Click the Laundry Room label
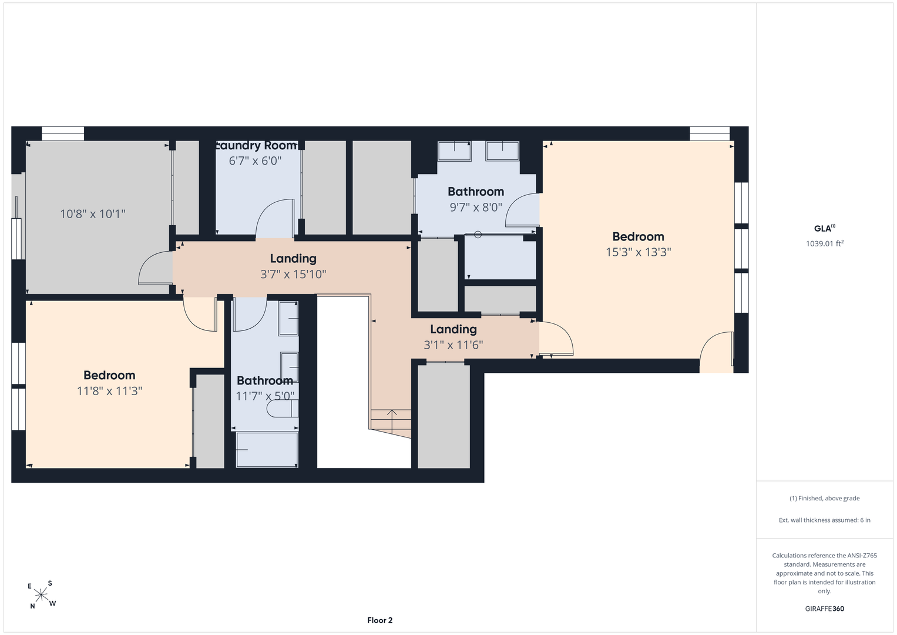pos(256,145)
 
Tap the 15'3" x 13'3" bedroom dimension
pos(639,252)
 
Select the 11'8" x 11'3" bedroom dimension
pos(109,391)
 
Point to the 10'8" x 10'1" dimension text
pos(92,213)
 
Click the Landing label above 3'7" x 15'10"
pos(293,259)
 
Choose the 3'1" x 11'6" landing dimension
pos(453,345)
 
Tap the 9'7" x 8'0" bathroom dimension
pos(476,207)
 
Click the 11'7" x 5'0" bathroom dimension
pos(265,396)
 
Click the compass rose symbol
pos(41,595)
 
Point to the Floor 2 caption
pos(379,620)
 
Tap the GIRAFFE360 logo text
pos(825,609)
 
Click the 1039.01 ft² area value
pos(825,243)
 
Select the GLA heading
pos(825,229)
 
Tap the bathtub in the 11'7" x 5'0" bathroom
pos(267,449)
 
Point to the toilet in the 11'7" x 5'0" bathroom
pos(283,409)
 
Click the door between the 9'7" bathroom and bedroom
pos(522,210)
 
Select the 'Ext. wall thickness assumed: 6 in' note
pos(825,520)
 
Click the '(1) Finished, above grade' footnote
pos(825,499)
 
